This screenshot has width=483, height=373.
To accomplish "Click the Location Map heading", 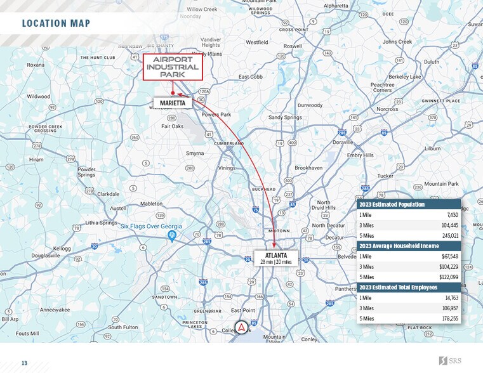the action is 56,24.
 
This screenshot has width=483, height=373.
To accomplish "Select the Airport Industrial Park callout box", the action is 172,67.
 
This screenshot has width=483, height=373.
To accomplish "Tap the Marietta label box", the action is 173,103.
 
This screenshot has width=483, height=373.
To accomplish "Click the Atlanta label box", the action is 275,258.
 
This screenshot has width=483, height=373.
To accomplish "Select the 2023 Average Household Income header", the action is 398,246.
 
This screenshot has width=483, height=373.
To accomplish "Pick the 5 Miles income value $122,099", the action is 445,277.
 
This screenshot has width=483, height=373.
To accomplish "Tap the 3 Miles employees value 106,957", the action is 447,308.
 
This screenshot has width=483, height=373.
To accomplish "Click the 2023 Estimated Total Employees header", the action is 398,287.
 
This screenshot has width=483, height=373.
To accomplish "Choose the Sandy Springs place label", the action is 284,117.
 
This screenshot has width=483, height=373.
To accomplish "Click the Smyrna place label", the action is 195,154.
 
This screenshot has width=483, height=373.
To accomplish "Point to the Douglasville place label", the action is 45,255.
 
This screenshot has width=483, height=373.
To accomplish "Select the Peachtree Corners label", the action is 382,88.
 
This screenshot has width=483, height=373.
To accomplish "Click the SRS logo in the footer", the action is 452,361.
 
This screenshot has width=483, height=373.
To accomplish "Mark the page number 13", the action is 25,363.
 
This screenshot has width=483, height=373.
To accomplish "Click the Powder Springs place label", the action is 86,172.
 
